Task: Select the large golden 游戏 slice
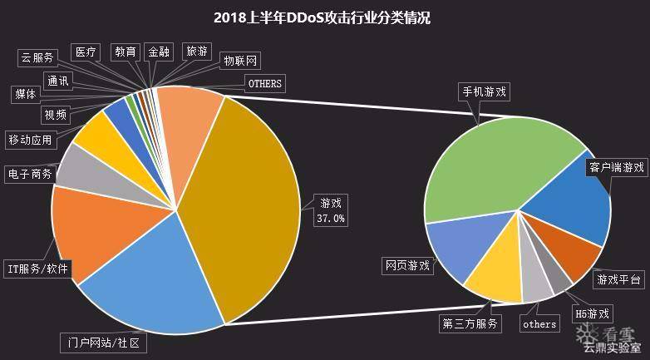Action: tap(249, 200)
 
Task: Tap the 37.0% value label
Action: tap(330, 219)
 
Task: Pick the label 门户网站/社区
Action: tap(104, 343)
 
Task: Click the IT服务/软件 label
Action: tap(38, 269)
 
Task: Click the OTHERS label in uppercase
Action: tap(265, 83)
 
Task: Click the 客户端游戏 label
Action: tap(617, 167)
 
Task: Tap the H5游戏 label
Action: tap(592, 313)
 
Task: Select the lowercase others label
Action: tap(539, 323)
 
